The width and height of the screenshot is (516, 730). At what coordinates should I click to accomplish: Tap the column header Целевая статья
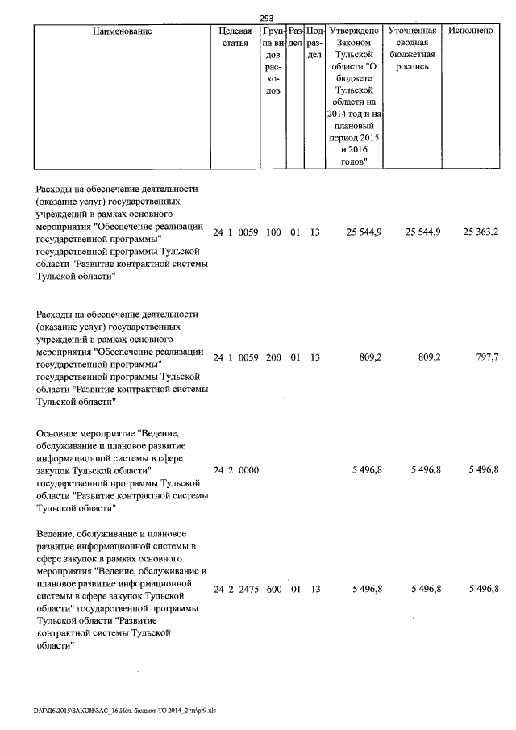pyautogui.click(x=235, y=37)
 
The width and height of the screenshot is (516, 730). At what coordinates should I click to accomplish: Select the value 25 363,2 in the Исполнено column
pyautogui.click(x=481, y=232)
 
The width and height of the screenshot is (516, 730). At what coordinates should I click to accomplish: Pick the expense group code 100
pyautogui.click(x=273, y=232)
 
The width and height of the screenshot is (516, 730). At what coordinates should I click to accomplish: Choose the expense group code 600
pyautogui.click(x=273, y=590)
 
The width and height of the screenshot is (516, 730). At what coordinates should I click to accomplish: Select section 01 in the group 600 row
pyautogui.click(x=295, y=590)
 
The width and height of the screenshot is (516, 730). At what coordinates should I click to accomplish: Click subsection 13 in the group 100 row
pyautogui.click(x=315, y=232)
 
